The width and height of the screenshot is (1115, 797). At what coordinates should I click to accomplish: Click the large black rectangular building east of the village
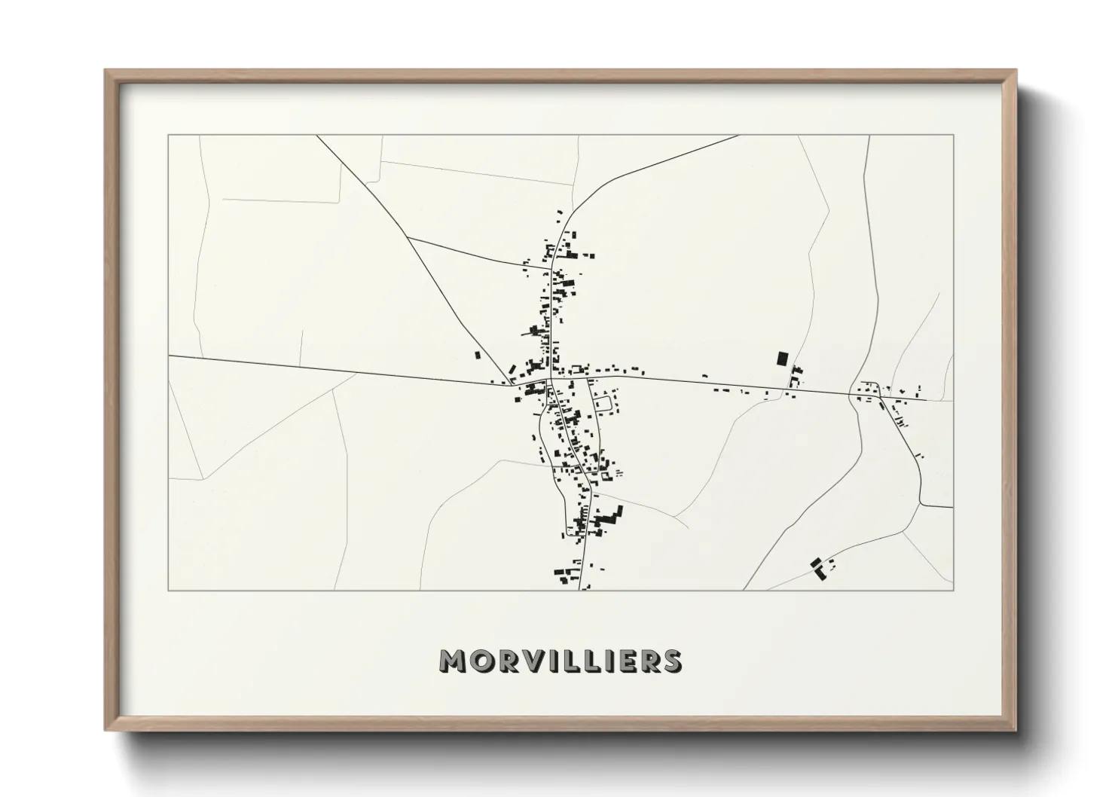(x=782, y=359)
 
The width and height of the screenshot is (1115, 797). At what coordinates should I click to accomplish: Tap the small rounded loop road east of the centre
(x=603, y=404)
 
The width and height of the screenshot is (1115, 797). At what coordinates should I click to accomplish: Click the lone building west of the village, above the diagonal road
(x=477, y=355)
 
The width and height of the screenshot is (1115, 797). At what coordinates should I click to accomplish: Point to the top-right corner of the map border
(x=953, y=136)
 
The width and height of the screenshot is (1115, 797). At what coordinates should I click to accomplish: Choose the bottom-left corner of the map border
(x=169, y=590)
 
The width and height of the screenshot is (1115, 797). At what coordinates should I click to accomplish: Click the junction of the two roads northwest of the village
(x=408, y=237)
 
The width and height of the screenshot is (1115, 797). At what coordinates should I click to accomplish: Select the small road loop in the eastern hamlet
(x=864, y=389)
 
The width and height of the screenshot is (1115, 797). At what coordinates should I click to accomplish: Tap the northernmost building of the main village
(x=559, y=213)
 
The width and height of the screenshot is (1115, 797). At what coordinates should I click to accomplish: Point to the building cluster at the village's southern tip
(x=570, y=576)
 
